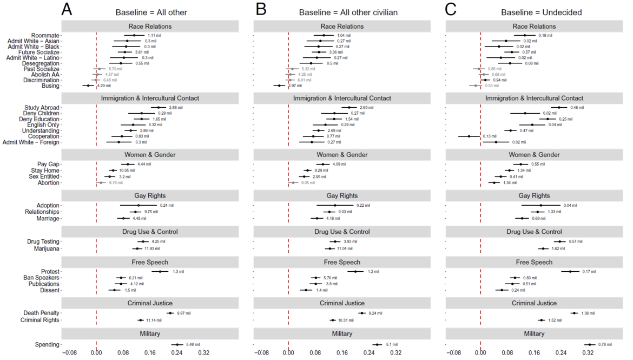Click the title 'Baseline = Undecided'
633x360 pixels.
[533, 11]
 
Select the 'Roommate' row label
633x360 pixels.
[45, 35]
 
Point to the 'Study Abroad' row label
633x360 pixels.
[42, 108]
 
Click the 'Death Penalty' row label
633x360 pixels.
[41, 313]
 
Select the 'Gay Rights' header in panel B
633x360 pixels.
[342, 195]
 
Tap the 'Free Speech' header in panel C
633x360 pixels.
[534, 262]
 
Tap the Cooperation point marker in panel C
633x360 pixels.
[469, 136]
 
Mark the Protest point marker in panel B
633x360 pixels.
[355, 271]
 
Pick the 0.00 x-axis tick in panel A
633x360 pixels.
[96, 352]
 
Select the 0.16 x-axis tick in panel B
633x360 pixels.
[342, 352]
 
